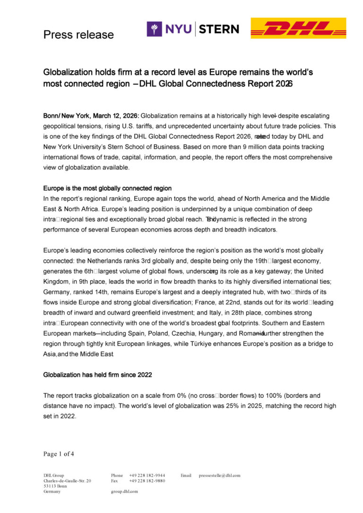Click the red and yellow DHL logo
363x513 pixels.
click(x=298, y=28)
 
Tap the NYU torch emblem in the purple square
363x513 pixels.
click(x=154, y=29)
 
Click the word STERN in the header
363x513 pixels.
click(x=218, y=29)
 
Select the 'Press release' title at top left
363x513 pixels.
click(x=78, y=34)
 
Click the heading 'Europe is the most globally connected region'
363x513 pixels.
click(x=107, y=188)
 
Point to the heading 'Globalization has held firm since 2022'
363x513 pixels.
click(x=97, y=375)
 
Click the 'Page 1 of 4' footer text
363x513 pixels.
click(x=59, y=454)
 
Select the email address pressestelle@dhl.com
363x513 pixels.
click(x=220, y=475)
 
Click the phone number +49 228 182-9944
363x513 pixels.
click(x=147, y=475)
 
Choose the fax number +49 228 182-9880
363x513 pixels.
click(x=147, y=480)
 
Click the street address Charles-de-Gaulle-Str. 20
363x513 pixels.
click(x=67, y=480)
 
